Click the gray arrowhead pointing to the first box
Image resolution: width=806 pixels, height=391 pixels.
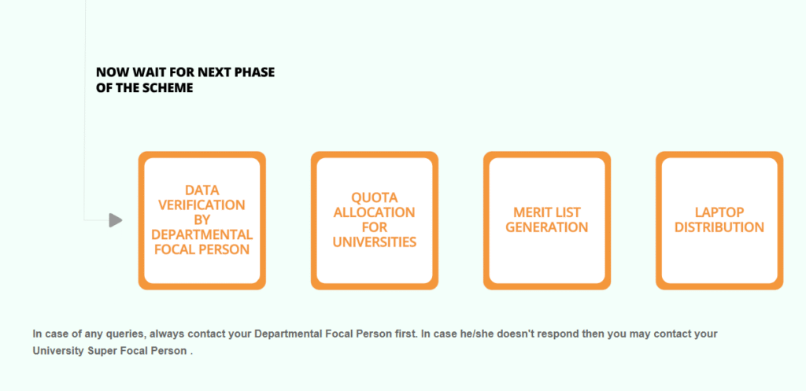(x=116, y=220)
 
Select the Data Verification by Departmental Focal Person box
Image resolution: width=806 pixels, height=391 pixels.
(x=202, y=220)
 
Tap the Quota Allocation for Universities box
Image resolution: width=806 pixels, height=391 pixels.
(x=375, y=220)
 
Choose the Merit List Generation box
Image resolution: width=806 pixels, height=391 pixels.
(x=547, y=220)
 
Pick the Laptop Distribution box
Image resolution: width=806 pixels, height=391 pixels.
(x=719, y=220)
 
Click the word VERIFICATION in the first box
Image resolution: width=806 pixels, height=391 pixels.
(x=201, y=205)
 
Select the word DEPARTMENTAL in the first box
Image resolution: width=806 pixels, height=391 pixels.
(x=202, y=234)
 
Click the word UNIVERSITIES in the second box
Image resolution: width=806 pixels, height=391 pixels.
(x=375, y=242)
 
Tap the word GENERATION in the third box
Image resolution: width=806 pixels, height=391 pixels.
(x=547, y=227)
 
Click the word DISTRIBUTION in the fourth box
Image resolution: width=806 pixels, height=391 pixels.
(x=719, y=227)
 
